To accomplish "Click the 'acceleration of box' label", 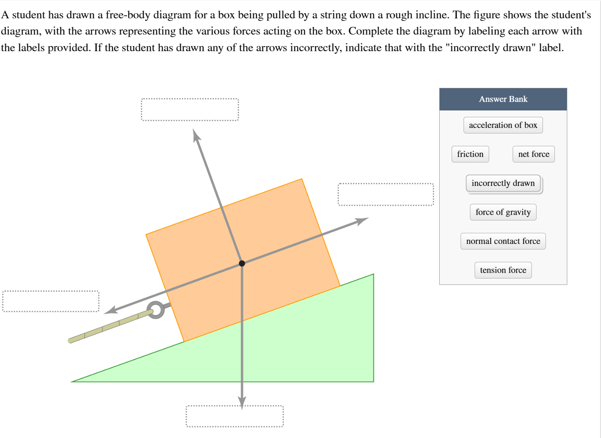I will [503, 125].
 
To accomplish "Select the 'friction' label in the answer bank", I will [470, 154].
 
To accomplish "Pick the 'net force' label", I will [534, 154].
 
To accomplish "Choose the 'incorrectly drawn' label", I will [503, 183].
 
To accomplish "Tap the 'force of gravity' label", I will [503, 212].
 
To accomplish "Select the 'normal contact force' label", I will [503, 241].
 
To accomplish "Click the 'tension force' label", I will [503, 270].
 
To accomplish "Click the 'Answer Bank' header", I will [503, 99].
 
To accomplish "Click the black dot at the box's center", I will [242, 263].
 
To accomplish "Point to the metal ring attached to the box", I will [156, 310].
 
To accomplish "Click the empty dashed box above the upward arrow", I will [190, 110].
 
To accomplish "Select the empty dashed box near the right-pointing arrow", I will [385, 194].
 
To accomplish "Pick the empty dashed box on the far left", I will [50, 301].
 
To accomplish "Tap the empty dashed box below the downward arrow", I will [234, 416].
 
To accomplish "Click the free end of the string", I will [71, 340].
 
